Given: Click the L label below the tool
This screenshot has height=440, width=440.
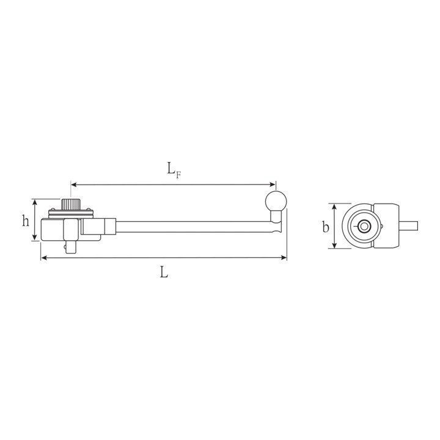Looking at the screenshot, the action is (x=164, y=272).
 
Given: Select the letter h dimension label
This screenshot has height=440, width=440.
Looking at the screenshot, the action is (x=26, y=221).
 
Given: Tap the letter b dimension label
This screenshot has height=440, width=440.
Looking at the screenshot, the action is (x=326, y=227).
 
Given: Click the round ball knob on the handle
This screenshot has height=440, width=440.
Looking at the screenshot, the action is (x=276, y=201).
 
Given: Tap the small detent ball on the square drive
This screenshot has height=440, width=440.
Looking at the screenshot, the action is (x=65, y=248).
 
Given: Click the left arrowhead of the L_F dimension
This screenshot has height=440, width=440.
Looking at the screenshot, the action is (x=74, y=185).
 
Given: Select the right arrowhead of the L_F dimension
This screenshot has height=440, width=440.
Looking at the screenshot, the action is (x=272, y=185).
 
